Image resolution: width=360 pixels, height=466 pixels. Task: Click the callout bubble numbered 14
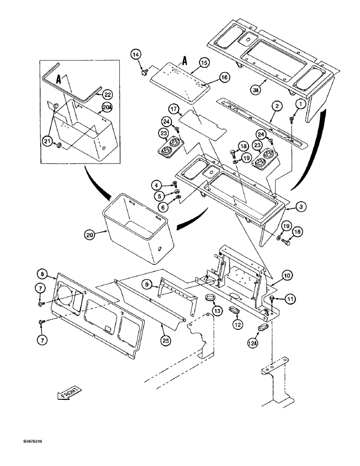pos(135,55)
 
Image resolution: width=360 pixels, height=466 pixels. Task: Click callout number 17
pos(174,110)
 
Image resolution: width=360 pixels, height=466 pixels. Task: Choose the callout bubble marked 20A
pos(106,108)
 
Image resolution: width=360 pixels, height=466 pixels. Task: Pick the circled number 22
pos(107,94)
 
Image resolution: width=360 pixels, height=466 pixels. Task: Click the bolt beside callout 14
pos(144,71)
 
